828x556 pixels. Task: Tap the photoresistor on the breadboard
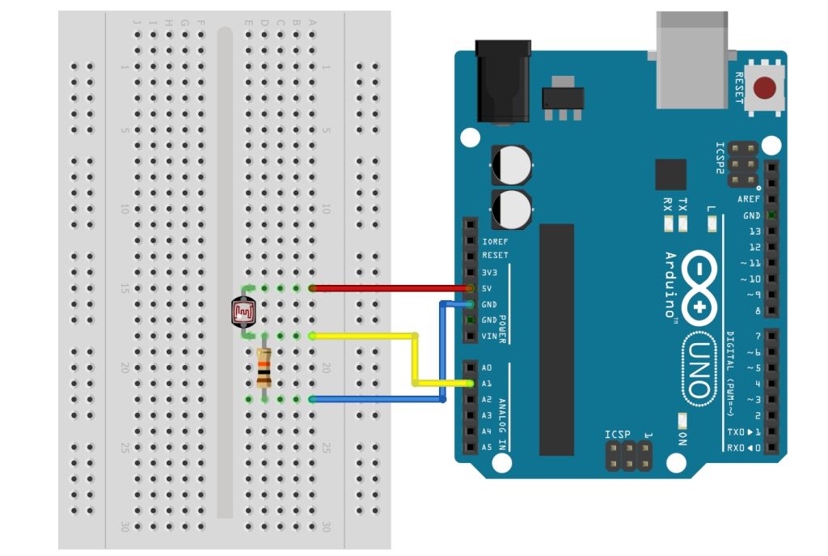click(x=243, y=311)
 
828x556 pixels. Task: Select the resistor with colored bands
click(x=263, y=367)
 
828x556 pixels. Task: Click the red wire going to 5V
click(x=388, y=287)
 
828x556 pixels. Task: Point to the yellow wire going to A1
click(x=416, y=357)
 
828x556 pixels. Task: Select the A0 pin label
click(x=487, y=367)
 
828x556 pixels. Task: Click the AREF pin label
click(x=748, y=199)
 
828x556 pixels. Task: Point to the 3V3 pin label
click(x=489, y=273)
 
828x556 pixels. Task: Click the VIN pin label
click(x=488, y=336)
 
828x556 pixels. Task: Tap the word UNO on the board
click(x=699, y=367)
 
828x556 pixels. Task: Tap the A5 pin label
click(x=487, y=447)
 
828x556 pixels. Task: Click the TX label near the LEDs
click(x=682, y=205)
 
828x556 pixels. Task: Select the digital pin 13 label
click(x=754, y=231)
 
